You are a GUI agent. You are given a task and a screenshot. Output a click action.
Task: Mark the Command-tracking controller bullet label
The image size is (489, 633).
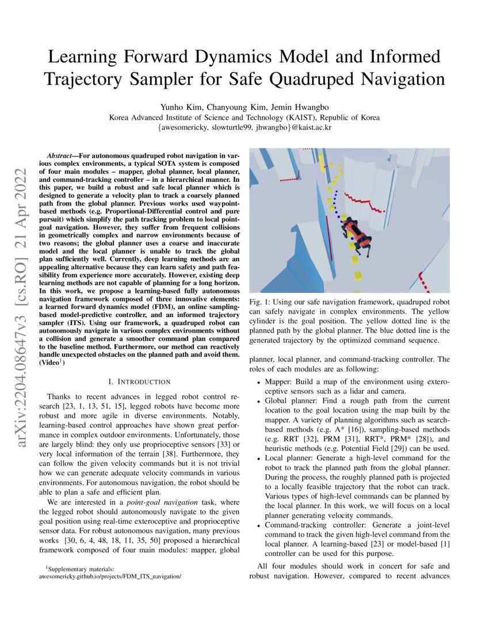[314, 525]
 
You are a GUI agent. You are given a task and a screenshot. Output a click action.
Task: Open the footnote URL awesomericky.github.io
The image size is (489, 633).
[109, 575]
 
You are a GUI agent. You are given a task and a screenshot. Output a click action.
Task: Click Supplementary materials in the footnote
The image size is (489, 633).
[82, 568]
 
